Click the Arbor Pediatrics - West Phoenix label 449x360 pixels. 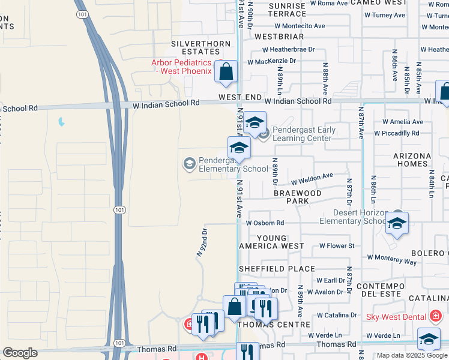(182, 67)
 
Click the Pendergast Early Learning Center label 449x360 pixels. (302, 134)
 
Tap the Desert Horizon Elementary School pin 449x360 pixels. (397, 224)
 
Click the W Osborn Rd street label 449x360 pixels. (265, 223)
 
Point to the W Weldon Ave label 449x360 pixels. (312, 178)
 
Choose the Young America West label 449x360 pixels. (271, 242)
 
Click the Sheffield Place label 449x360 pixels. (277, 269)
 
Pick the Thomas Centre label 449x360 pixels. (264, 325)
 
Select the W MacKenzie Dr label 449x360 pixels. (272, 61)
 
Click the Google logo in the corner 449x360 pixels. (20, 353)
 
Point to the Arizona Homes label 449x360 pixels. (412, 160)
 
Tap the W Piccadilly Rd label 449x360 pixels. (396, 133)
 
